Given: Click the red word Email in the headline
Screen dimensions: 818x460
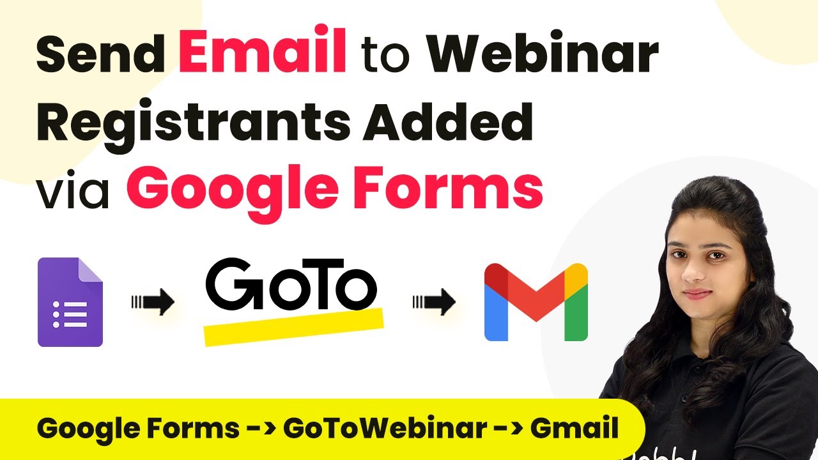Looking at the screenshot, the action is tap(262, 49).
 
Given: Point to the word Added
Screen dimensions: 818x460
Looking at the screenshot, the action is tap(447, 121).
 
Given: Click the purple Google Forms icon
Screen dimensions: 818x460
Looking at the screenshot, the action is tap(70, 302).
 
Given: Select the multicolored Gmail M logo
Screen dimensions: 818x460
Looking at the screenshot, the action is tap(536, 302).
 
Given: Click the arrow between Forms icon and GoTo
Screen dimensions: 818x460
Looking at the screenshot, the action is tap(153, 302).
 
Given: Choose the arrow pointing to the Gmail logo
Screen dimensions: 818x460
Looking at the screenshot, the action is tap(434, 302).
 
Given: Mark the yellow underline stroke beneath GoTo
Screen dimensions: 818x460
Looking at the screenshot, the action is tap(293, 326).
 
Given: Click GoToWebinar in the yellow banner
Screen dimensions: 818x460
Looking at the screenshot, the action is tap(385, 428).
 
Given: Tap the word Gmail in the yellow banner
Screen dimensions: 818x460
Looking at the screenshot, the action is tap(575, 427).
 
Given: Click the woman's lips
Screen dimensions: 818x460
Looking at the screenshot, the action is tap(697, 294).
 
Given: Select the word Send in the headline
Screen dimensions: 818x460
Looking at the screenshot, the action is tap(101, 53).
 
